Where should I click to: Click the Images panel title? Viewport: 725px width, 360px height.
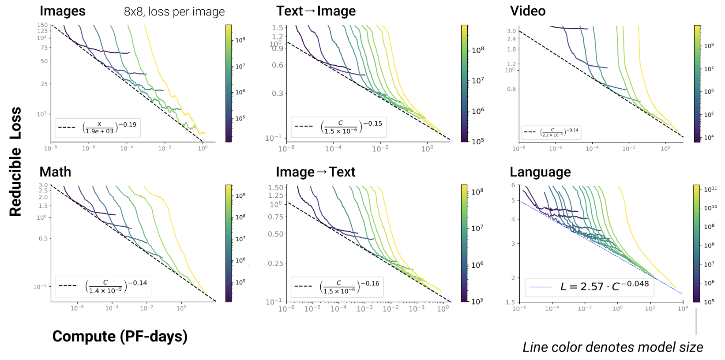pos(63,11)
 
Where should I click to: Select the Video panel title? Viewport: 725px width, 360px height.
pos(528,11)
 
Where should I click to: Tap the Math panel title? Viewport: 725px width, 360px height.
pos(55,172)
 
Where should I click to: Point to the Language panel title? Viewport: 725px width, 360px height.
pos(540,172)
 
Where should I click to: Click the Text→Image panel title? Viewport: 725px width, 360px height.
pos(316,11)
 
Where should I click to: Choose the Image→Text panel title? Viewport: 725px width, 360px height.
pos(316,172)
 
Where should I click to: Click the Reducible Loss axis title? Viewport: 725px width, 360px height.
pos(15,161)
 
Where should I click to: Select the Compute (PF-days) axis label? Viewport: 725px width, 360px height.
pos(120,336)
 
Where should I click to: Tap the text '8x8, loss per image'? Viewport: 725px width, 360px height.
pos(174,11)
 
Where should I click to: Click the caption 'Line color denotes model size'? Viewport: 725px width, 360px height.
pos(612,347)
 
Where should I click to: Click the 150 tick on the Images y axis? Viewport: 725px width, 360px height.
pos(42,25)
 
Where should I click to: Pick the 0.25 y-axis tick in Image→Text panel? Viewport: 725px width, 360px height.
pos(275,263)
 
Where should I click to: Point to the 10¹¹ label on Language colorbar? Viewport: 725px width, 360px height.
pos(710,189)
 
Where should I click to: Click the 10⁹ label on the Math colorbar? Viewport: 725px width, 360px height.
pos(240,195)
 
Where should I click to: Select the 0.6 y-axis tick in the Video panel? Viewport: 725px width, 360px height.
pos(511,89)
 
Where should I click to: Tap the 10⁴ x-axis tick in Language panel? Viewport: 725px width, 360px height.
pos(683,308)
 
